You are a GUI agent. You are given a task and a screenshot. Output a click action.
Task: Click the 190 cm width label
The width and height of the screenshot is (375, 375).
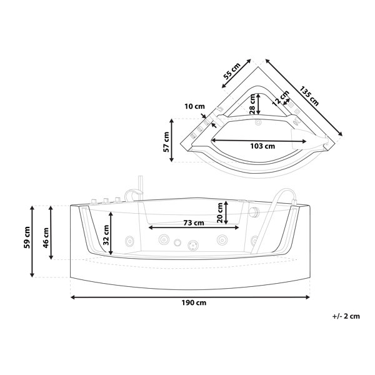pyautogui.click(x=194, y=302)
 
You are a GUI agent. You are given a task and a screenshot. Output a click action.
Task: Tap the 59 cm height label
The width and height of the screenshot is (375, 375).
pyautogui.click(x=27, y=237)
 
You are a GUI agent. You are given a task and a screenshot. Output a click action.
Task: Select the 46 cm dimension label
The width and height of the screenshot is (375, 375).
pyautogui.click(x=46, y=237)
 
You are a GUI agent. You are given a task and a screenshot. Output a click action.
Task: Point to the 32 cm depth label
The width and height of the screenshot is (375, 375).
pyautogui.click(x=106, y=235)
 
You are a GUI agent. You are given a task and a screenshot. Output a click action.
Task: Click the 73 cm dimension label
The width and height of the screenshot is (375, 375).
pyautogui.click(x=194, y=223)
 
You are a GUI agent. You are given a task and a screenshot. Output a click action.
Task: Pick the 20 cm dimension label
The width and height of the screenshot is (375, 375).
pyautogui.click(x=220, y=212)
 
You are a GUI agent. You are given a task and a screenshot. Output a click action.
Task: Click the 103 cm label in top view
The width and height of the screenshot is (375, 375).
pyautogui.click(x=262, y=146)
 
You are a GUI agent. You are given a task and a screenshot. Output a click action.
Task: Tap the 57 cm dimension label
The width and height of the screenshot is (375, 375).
pyautogui.click(x=166, y=142)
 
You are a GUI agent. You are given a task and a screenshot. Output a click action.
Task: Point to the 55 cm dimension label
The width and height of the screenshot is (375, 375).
pyautogui.click(x=231, y=71)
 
